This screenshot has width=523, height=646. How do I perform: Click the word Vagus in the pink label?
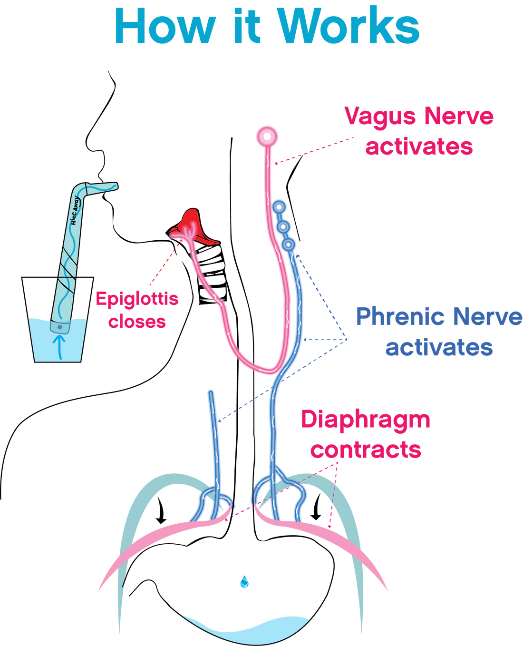376,117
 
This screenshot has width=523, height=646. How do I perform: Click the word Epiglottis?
137,299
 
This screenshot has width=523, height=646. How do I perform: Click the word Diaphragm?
366,421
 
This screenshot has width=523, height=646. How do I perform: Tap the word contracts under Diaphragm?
366,450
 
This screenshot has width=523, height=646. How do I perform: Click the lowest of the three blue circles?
288,245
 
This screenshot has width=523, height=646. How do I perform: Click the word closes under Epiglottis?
138,322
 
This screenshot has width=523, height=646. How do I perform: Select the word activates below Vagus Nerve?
418,146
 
